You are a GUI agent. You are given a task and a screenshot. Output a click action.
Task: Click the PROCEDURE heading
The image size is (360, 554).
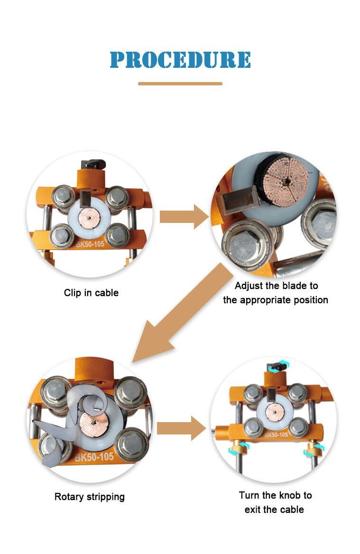click(x=180, y=60)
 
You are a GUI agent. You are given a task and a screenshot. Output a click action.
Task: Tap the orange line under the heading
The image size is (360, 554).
click(x=180, y=83)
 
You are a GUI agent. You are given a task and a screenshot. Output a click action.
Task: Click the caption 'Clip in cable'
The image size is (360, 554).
click(x=91, y=293)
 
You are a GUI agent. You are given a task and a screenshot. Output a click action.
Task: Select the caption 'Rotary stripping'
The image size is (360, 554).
click(x=90, y=497)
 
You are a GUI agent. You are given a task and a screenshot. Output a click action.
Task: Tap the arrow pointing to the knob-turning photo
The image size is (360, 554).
click(x=181, y=428)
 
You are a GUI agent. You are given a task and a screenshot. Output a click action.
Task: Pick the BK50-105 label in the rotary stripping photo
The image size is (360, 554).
click(x=94, y=457)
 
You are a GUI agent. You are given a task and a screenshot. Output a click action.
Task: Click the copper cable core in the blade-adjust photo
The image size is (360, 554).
click(x=284, y=180)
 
